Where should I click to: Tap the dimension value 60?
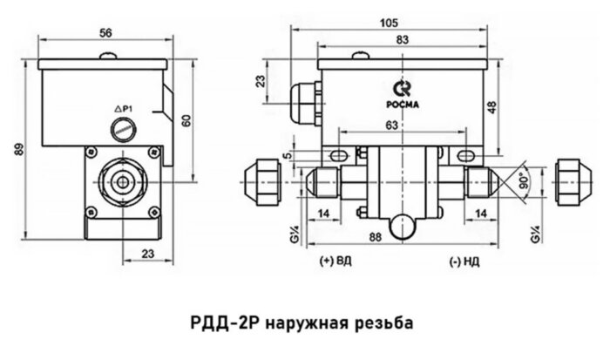(185, 120)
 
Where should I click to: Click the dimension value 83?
(403, 40)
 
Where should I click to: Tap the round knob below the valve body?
(402, 225)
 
